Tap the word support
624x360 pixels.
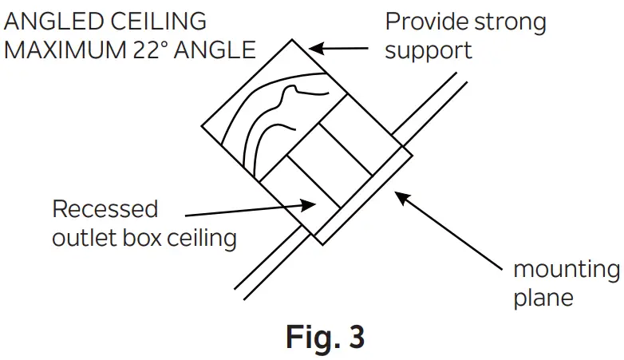(428, 51)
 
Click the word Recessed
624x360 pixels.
(105, 209)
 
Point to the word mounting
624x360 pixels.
(566, 269)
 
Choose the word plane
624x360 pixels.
(544, 298)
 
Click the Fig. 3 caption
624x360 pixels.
(325, 337)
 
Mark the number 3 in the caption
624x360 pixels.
(355, 337)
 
